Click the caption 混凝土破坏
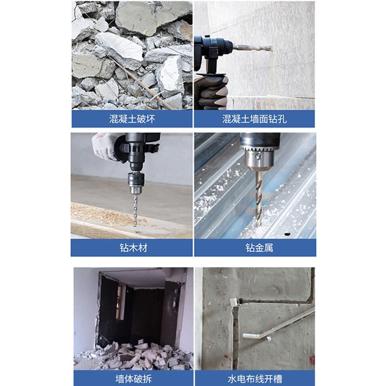[x=132, y=119]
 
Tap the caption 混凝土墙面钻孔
[x=254, y=119]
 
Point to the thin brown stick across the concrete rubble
[x=140, y=82]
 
